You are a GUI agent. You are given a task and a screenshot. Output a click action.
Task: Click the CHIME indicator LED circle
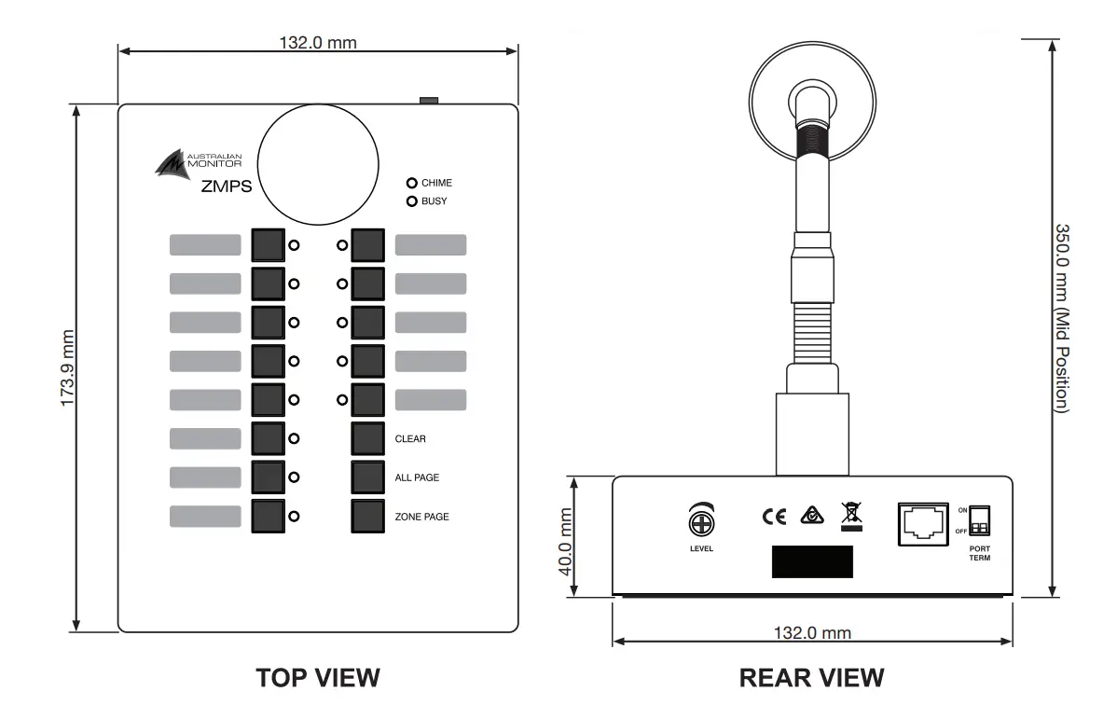(x=411, y=184)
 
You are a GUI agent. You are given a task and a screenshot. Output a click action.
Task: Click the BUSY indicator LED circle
(x=411, y=200)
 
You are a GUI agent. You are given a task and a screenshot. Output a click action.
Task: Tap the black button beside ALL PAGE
(x=368, y=477)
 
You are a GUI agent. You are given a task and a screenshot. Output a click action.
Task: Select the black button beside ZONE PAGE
(x=368, y=516)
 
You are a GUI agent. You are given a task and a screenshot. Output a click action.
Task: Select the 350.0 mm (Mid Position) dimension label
(x=1062, y=317)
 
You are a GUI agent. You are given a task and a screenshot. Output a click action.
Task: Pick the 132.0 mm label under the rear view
(x=812, y=633)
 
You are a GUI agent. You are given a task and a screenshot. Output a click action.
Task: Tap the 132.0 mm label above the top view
(x=318, y=43)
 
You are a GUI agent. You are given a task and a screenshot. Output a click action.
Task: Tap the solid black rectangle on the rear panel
(x=812, y=562)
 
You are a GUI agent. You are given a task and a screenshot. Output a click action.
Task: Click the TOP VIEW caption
(x=318, y=678)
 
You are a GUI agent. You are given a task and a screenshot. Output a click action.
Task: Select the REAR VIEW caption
(x=812, y=678)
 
